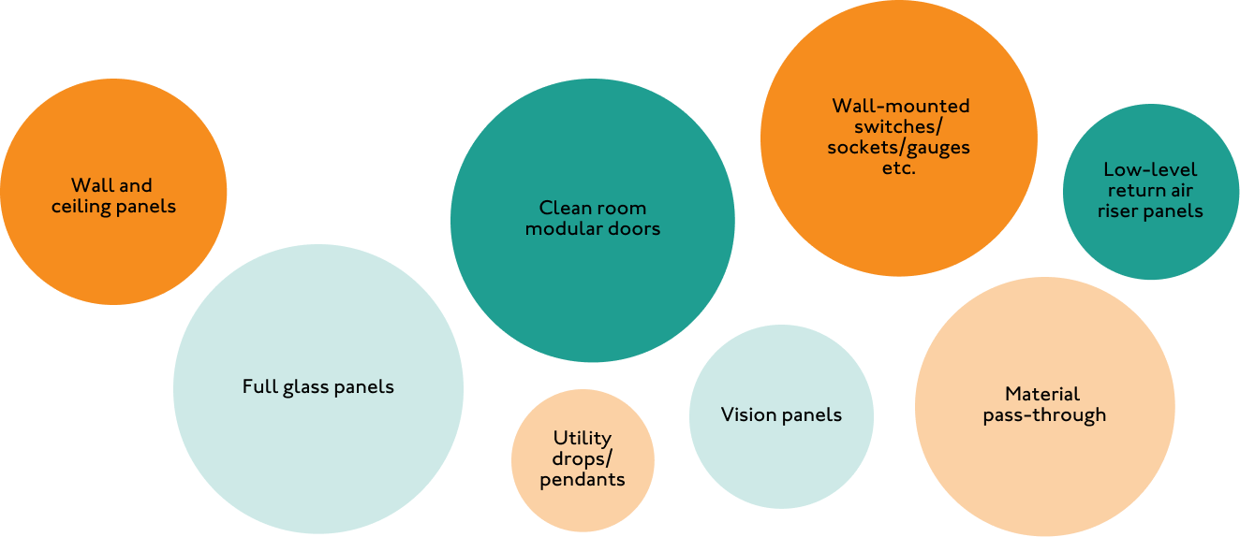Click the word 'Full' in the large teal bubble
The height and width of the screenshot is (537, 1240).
tap(259, 386)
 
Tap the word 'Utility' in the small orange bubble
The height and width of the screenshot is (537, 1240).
tap(582, 438)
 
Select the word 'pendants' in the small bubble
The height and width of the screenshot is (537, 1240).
tap(582, 479)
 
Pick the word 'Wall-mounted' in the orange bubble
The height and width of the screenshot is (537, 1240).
tap(900, 106)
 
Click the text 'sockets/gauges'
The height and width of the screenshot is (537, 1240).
tap(898, 148)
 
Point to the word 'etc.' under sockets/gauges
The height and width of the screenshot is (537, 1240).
tap(899, 169)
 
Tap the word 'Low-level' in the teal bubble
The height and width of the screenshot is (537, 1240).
tap(1149, 169)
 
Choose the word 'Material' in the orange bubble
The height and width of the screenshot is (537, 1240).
tap(1042, 394)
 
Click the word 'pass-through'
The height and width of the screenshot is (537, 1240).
tap(1044, 415)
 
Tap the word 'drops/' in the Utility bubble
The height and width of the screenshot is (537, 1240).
tap(582, 458)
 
